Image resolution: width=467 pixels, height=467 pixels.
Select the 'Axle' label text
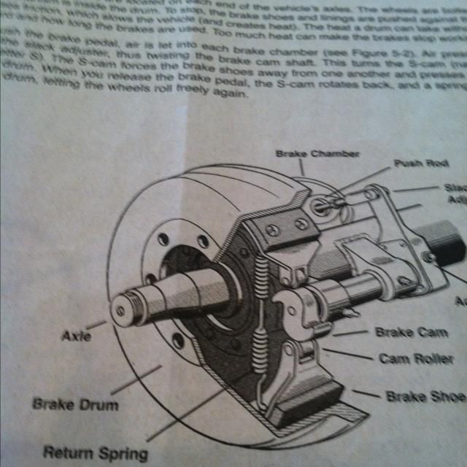pyautogui.click(x=76, y=336)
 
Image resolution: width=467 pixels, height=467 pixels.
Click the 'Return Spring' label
pyautogui.click(x=95, y=452)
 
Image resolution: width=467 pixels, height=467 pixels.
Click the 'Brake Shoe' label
pyautogui.click(x=425, y=397)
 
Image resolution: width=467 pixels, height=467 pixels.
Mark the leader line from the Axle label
pyautogui.click(x=97, y=325)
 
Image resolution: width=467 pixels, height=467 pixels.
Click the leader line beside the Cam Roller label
pyautogui.click(x=350, y=355)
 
